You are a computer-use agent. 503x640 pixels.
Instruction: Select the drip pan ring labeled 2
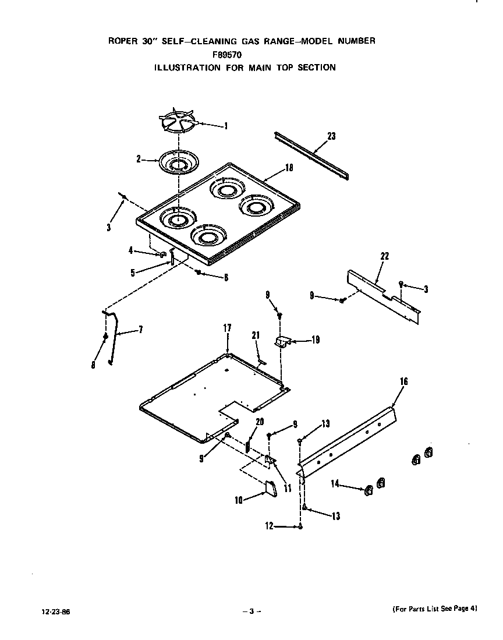[175, 162]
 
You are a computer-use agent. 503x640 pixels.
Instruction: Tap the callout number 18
[289, 168]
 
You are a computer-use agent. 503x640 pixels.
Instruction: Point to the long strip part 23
[312, 155]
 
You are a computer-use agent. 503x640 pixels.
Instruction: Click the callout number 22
[384, 256]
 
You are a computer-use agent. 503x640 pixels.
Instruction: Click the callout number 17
[227, 329]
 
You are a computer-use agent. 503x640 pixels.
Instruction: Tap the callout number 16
[403, 381]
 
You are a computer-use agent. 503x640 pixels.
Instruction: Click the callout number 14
[335, 483]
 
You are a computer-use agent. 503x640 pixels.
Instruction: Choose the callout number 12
[268, 526]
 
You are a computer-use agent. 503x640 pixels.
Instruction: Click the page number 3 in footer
[251, 611]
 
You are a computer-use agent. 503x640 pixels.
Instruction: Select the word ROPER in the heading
[122, 41]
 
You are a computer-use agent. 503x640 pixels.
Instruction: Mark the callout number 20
[260, 421]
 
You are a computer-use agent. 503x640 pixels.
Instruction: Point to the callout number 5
[133, 272]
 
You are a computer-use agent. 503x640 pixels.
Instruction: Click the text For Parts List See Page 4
[433, 609]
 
